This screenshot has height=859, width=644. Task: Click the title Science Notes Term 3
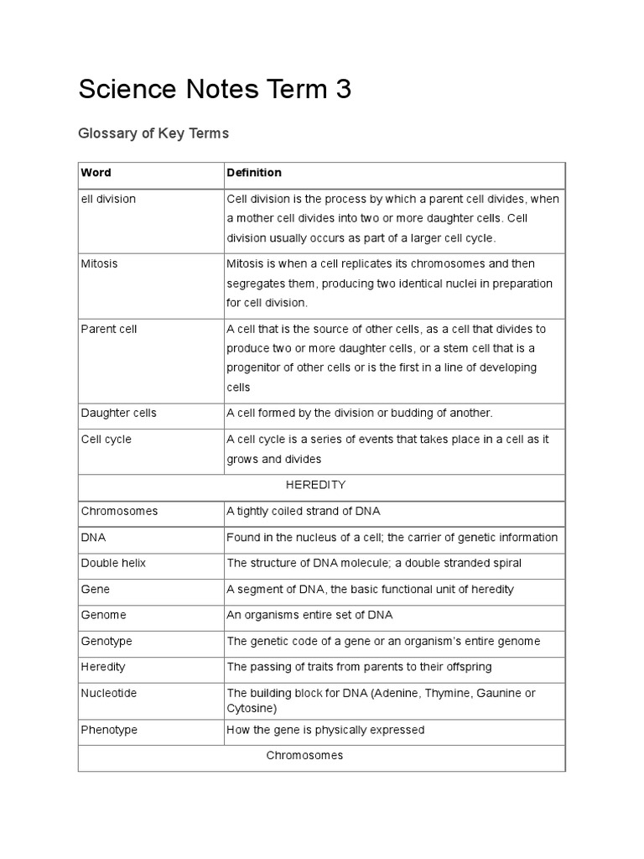click(215, 90)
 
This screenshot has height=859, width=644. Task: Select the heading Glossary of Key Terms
click(153, 133)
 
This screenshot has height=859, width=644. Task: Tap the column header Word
click(96, 173)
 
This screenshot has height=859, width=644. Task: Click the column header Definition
click(254, 173)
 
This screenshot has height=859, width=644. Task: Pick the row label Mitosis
click(99, 263)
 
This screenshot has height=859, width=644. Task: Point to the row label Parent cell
click(109, 329)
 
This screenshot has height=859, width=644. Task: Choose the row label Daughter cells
click(118, 413)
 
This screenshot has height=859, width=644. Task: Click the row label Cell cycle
click(106, 440)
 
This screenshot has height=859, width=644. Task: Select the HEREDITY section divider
click(315, 485)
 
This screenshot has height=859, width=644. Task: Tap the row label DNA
click(93, 537)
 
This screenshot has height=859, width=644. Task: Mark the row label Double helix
click(113, 563)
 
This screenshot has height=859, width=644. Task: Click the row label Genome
click(103, 615)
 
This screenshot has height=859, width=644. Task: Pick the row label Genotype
click(106, 641)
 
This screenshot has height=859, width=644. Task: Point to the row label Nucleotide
click(108, 694)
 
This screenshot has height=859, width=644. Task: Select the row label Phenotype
click(109, 730)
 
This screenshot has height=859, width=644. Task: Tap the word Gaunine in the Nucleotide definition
click(495, 693)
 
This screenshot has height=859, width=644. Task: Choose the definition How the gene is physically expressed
click(325, 730)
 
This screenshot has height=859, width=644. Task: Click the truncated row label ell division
click(108, 199)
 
